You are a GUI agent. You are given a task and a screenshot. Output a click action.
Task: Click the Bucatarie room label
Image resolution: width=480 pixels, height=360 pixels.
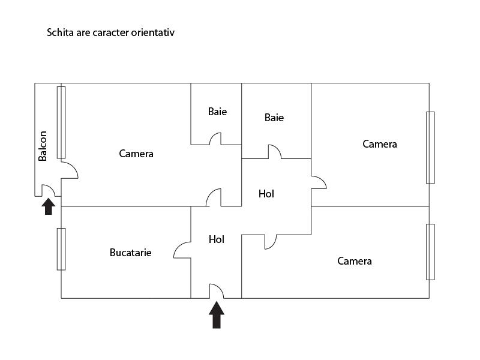[130, 253]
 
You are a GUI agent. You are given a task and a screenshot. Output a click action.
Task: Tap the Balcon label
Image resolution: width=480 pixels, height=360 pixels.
[43, 146]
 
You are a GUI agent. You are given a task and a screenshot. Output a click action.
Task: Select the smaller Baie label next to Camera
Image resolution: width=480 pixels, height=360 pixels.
[217, 112]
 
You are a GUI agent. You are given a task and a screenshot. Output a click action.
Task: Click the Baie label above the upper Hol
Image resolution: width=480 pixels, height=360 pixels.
[274, 118]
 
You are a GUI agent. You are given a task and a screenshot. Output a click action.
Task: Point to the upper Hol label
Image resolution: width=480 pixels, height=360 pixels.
[266, 194]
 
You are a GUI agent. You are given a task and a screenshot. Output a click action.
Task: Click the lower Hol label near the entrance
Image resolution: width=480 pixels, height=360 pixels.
[217, 239]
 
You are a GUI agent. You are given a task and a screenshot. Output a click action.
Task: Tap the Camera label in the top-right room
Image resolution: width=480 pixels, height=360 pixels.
[380, 144]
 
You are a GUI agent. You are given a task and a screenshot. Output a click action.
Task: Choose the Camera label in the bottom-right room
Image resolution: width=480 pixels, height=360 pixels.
[355, 261]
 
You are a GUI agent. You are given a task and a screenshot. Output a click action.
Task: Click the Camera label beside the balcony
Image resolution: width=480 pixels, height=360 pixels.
[136, 154]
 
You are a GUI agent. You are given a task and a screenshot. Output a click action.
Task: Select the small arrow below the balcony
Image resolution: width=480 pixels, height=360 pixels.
[49, 206]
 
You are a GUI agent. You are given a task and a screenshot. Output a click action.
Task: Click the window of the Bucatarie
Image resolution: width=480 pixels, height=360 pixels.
[61, 249]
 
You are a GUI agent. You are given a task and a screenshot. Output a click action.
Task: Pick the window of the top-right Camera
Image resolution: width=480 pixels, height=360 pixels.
[430, 148]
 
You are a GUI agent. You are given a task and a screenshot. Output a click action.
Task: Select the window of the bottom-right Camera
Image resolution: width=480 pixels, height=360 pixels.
[430, 252]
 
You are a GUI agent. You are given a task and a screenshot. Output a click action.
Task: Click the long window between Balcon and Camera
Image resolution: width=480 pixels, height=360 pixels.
[61, 122]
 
